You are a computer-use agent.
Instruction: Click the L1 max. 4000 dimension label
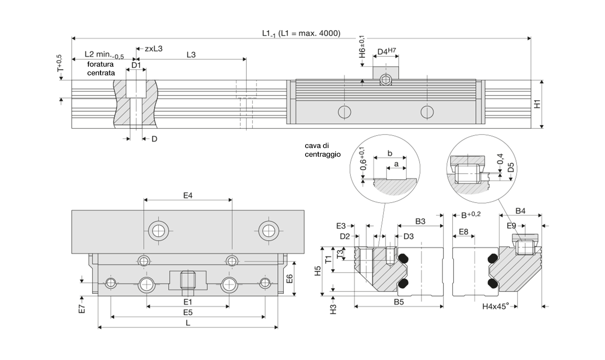301,33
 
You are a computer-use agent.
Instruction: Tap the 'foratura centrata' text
101,69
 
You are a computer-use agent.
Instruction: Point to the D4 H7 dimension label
386,51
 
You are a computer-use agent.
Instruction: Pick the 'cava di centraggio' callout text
323,150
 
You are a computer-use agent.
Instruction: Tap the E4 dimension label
188,196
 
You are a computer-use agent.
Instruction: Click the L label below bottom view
188,323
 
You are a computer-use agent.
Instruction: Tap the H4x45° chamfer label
495,306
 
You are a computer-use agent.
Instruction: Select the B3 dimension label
420,222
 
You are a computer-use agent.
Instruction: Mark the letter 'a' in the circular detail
396,164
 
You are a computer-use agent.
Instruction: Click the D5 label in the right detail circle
511,168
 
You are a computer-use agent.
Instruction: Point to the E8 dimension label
464,232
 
